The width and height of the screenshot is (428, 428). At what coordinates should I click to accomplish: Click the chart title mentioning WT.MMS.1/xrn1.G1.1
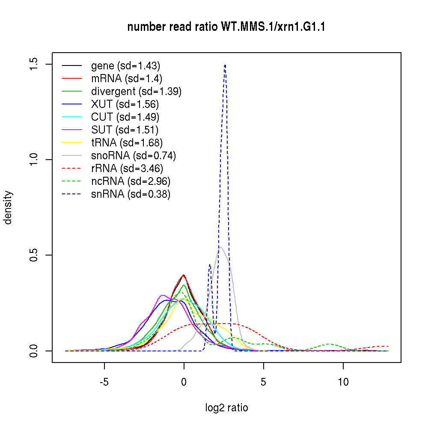point(226,27)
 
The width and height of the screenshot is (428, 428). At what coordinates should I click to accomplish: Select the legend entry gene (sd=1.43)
point(125,66)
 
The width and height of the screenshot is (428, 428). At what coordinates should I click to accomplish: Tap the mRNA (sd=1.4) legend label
point(127,79)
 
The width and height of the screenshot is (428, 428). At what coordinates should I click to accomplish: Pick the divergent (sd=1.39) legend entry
point(136,92)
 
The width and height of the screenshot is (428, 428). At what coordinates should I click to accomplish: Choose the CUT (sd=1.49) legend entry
point(125,117)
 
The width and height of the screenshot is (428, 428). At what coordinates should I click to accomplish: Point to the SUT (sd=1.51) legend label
point(125,130)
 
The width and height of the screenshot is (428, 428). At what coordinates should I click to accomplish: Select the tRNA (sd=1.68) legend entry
point(127,143)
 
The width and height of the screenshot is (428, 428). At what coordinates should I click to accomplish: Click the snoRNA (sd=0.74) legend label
point(134,156)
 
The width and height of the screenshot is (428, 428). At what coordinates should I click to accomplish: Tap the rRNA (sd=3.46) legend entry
point(127,169)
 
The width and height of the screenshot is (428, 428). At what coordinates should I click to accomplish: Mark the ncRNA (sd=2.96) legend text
point(131,181)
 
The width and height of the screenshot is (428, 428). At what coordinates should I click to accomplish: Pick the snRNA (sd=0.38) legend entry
point(131,194)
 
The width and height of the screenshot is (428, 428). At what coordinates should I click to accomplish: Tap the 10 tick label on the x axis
point(343,382)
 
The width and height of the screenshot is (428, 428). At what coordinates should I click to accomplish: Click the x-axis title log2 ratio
point(226,408)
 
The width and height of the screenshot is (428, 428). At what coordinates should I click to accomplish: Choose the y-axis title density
point(9,207)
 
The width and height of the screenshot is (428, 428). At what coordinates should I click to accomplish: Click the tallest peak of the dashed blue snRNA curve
point(225,65)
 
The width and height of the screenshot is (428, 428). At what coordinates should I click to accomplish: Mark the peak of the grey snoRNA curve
point(220,247)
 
